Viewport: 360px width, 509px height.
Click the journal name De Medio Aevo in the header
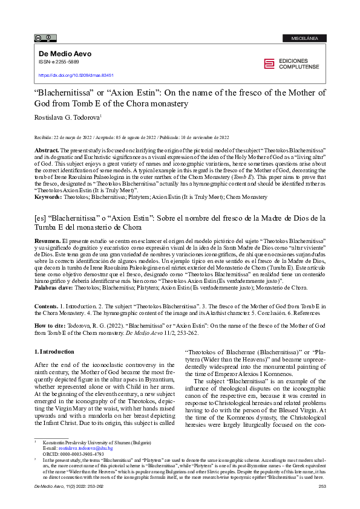tap(65, 53)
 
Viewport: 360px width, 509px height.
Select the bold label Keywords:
tap(48, 180)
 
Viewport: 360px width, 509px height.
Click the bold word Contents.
tap(45, 307)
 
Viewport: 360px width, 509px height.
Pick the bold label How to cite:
tap(49, 324)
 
